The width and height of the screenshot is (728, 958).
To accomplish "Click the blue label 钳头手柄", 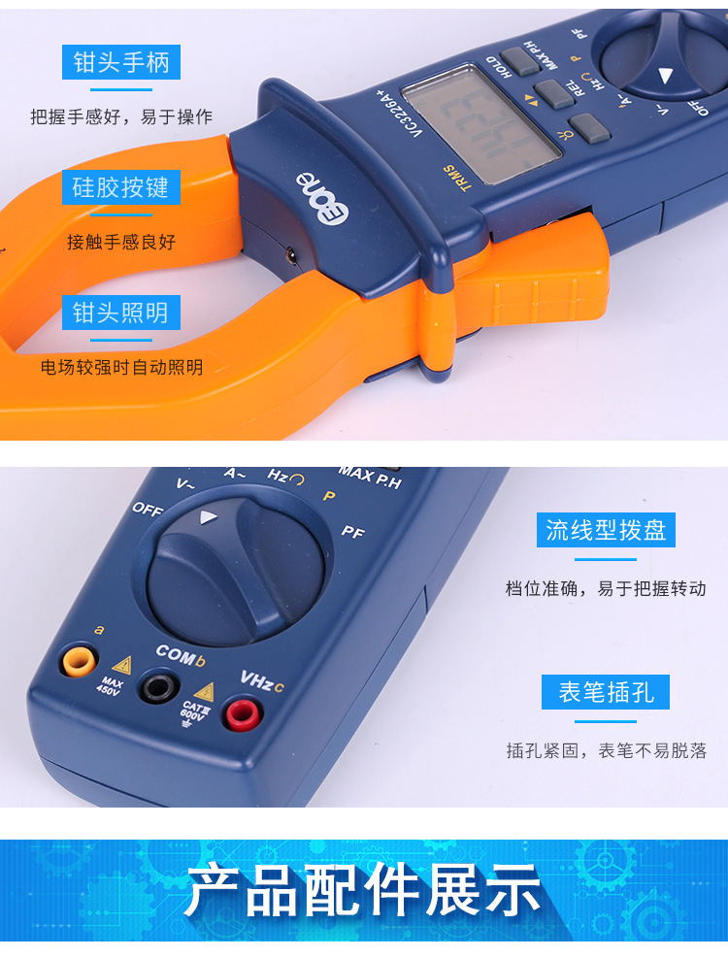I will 120,63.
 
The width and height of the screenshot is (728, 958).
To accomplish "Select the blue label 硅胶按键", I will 120,187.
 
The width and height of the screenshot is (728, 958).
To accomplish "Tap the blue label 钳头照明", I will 120,313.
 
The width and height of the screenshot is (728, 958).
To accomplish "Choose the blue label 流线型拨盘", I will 606,530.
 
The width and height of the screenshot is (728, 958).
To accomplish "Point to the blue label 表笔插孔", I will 606,693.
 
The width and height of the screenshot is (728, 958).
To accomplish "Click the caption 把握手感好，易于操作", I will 120,117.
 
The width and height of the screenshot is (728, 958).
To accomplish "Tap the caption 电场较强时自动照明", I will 121,367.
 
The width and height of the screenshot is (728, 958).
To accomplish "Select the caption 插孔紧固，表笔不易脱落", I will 606,749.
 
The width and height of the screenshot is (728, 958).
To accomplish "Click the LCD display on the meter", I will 480,122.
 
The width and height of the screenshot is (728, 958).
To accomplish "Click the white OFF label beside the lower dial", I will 148,509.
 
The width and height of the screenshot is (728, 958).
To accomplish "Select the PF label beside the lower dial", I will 352,532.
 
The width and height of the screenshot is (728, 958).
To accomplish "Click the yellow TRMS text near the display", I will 456,181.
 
